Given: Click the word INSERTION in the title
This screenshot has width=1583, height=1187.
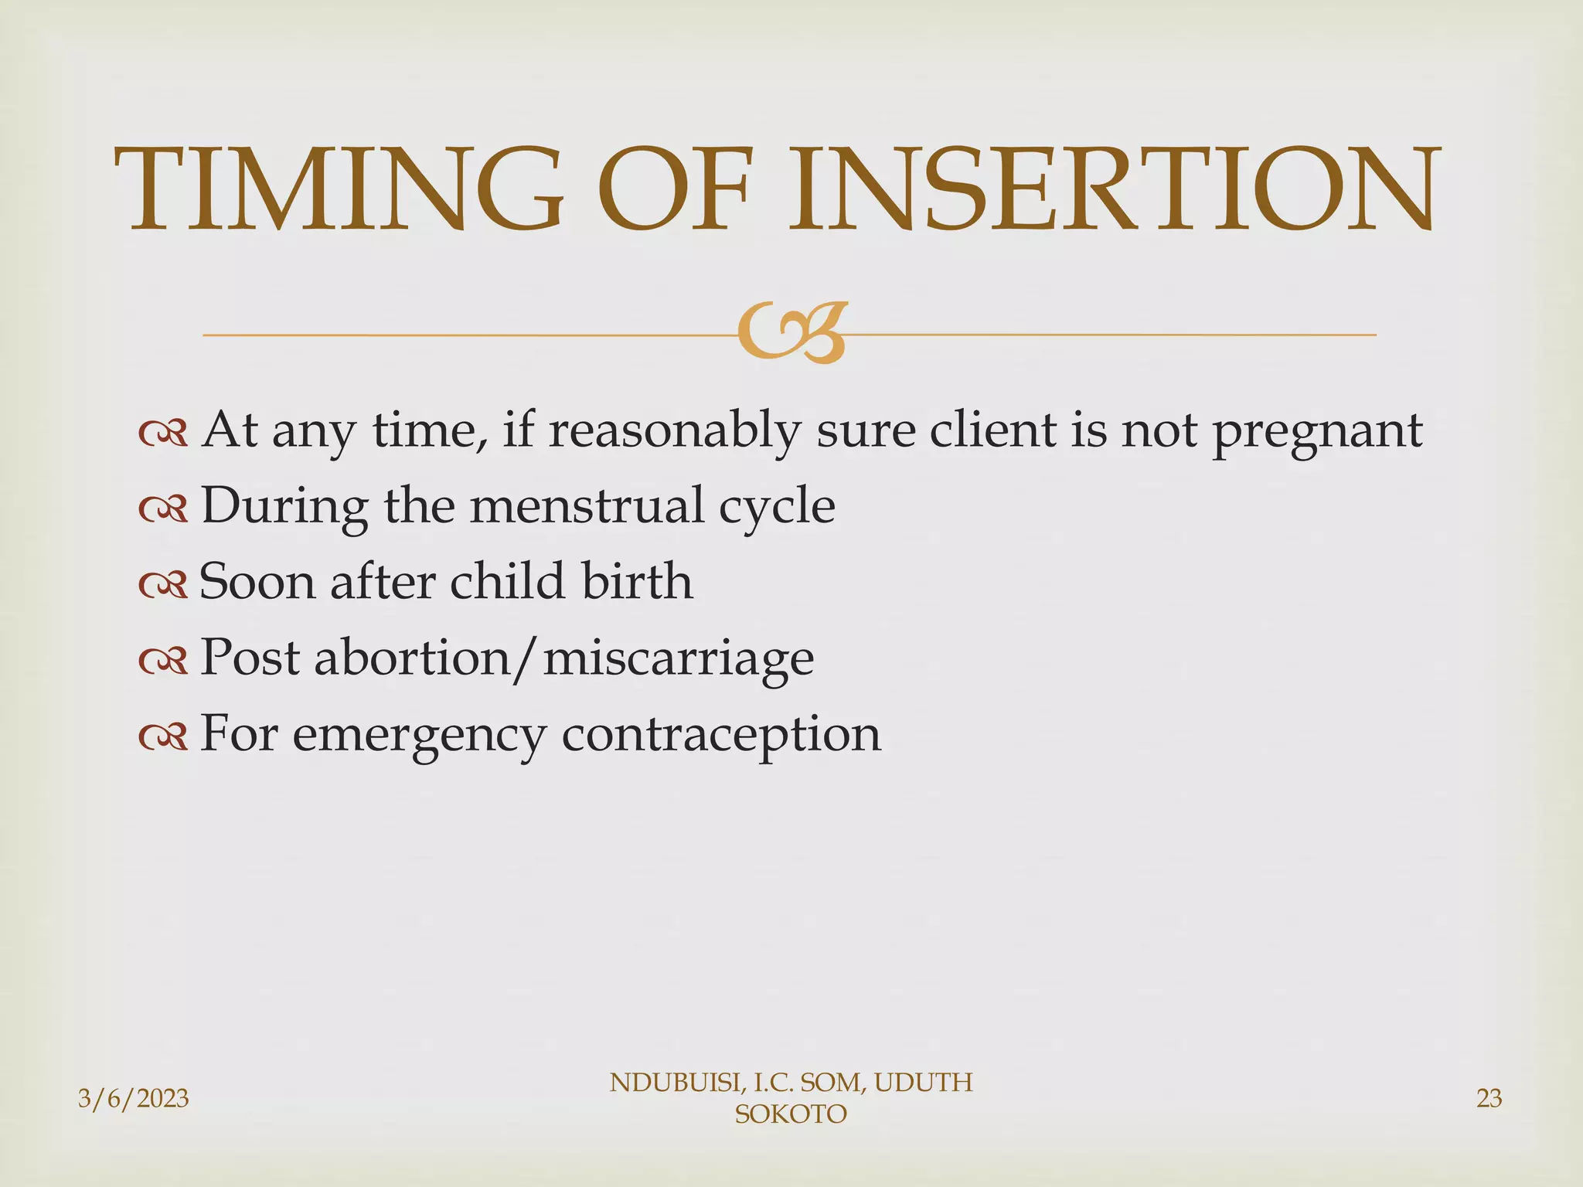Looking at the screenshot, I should point(1113,189).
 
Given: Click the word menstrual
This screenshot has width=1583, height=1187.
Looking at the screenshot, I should point(587,506).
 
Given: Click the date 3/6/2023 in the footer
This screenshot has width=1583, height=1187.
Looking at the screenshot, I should point(134,1098).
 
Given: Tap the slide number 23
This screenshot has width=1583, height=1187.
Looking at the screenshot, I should point(1489,1098).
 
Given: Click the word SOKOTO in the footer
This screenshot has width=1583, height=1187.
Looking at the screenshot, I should point(791,1114).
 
